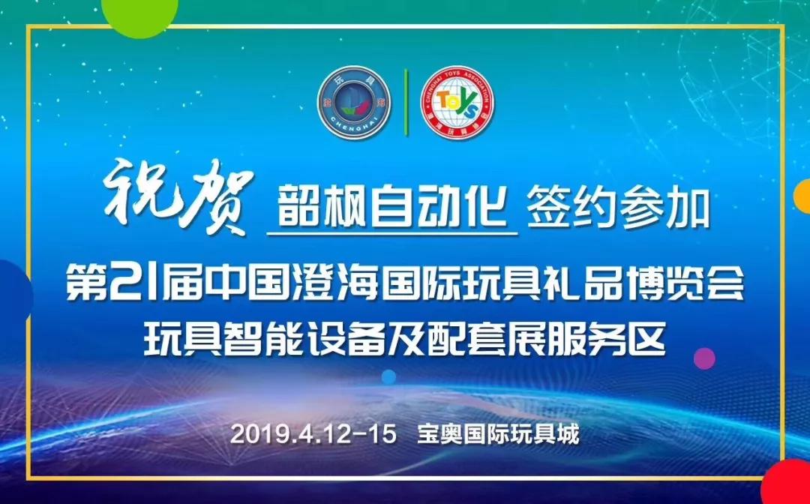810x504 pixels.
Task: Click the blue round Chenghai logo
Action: point(354,101)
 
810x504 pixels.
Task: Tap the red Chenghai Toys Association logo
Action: point(457,101)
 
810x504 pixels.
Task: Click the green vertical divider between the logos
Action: point(406,102)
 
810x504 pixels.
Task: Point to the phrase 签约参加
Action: point(618,210)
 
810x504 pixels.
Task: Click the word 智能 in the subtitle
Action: point(262,339)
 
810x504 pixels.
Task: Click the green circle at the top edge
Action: point(140,13)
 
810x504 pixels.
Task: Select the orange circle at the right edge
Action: point(802,196)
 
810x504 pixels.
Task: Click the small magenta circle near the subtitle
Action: point(704,358)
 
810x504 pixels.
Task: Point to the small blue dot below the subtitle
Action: point(388,377)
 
